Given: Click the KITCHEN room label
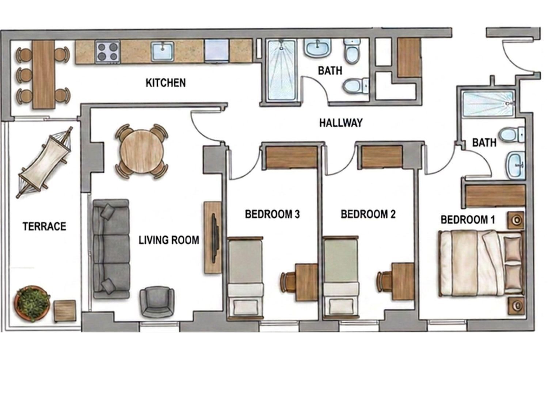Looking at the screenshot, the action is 165,83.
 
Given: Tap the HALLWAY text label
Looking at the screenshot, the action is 341,123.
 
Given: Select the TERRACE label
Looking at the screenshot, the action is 45,227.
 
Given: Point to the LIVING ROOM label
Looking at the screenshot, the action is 169,240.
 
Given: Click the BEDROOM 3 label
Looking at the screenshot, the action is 272,214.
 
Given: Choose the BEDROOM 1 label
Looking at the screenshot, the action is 468,220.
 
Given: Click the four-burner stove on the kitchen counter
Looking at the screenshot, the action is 108,52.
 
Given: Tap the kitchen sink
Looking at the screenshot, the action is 163,51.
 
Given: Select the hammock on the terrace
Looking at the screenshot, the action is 45,163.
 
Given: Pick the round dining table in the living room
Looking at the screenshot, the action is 141,152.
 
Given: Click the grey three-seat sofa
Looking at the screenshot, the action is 111,249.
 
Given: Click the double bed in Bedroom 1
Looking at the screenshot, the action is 481,263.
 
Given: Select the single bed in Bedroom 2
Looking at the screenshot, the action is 341,278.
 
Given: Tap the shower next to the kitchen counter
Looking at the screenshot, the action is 282,71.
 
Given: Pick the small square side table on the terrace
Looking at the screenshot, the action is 65,311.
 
